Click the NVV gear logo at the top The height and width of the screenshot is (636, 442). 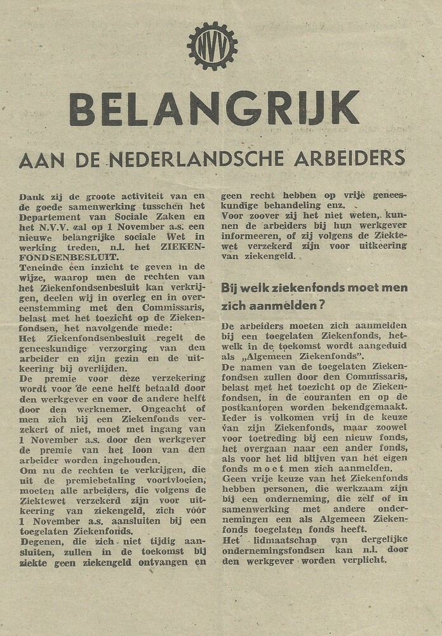tap(212, 46)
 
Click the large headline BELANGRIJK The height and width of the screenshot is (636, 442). tap(214, 109)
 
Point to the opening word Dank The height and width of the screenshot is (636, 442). tap(32, 197)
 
